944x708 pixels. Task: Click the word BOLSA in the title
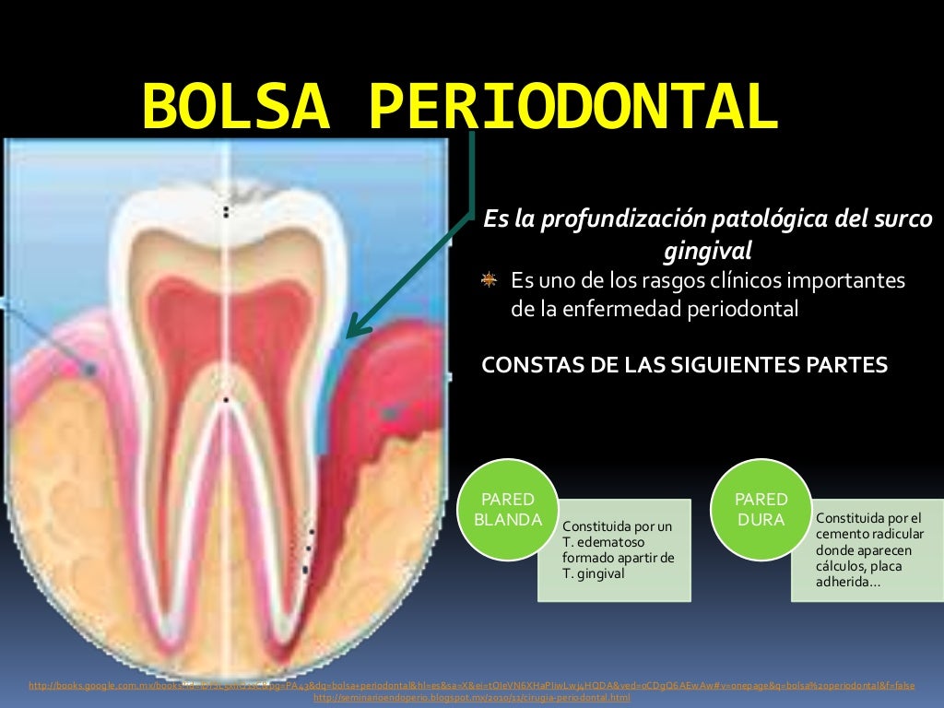click(x=236, y=107)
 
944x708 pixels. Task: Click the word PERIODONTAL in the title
click(x=572, y=107)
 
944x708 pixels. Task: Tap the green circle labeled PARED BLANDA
click(x=507, y=509)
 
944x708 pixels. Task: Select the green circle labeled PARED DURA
click(x=761, y=509)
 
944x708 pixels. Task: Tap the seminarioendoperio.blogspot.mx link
click(x=472, y=698)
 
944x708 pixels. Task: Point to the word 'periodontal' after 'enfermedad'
click(x=743, y=309)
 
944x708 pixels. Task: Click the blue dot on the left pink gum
click(x=90, y=370)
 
